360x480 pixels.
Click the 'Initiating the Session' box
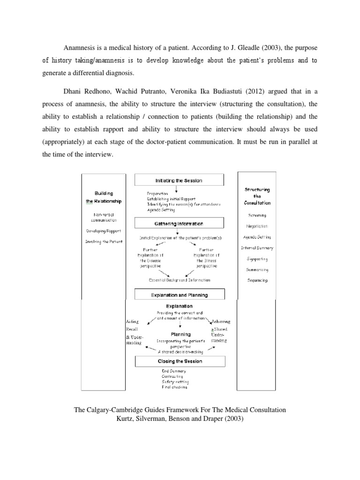click(179, 180)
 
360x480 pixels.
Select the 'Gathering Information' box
click(179, 224)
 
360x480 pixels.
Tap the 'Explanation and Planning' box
click(179, 295)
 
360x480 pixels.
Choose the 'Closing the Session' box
click(179, 361)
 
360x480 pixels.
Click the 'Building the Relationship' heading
click(104, 197)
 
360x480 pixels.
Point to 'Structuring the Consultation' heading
click(257, 196)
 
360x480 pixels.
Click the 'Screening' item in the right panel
click(257, 215)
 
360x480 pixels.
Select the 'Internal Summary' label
click(257, 247)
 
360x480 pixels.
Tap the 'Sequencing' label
click(257, 280)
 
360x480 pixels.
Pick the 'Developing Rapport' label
click(104, 231)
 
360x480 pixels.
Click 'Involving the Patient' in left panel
click(104, 241)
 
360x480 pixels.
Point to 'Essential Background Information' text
click(180, 280)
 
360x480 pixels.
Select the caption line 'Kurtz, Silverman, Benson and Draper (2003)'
click(180, 419)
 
